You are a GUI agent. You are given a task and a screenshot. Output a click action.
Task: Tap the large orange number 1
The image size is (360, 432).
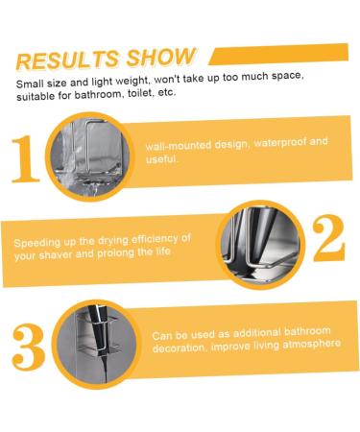(x=26, y=158)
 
